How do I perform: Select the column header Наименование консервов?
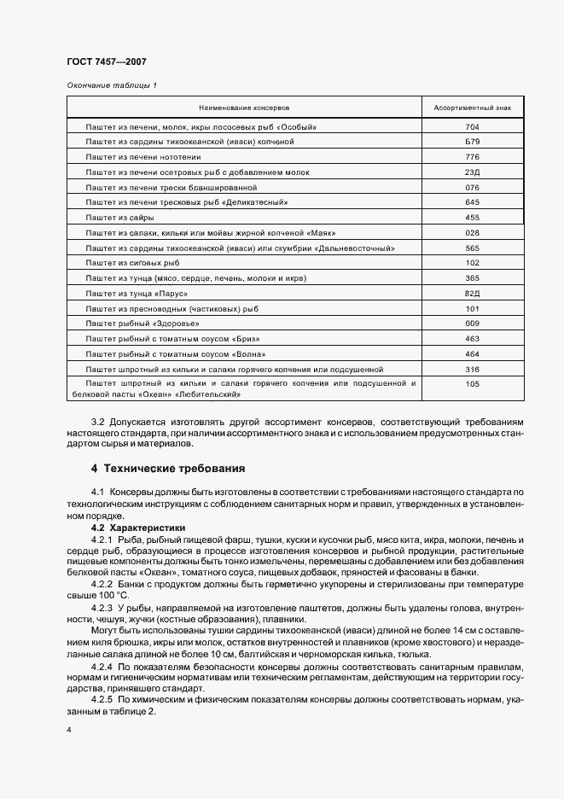click(245, 109)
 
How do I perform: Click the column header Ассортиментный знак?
click(472, 109)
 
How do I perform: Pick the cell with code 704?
click(472, 126)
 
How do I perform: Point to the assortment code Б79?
click(472, 142)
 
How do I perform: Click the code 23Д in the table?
click(472, 172)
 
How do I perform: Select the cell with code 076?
click(472, 187)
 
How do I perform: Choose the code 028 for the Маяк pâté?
click(472, 232)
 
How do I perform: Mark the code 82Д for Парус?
click(472, 293)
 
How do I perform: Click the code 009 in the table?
click(472, 324)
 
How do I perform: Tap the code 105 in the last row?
click(472, 384)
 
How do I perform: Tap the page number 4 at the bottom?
click(68, 730)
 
